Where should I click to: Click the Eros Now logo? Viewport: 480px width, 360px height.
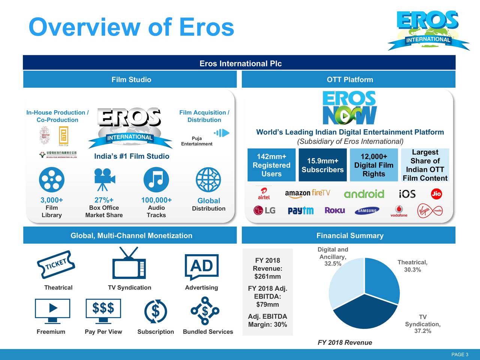pyautogui.click(x=349, y=108)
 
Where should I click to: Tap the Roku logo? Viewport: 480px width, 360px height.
pyautogui.click(x=334, y=210)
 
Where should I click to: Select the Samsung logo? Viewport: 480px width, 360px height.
pyautogui.click(x=367, y=211)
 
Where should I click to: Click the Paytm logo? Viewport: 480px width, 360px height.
pyautogui.click(x=300, y=211)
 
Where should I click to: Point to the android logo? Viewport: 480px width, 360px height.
pyautogui.click(x=364, y=194)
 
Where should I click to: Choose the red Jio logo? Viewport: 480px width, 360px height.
pyautogui.click(x=436, y=194)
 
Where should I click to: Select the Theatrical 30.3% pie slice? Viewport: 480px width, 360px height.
pyautogui.click(x=381, y=279)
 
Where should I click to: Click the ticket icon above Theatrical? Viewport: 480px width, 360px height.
pyautogui.click(x=56, y=264)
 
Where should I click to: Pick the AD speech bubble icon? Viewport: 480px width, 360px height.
pyautogui.click(x=202, y=267)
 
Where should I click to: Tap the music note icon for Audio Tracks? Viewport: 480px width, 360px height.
pyautogui.click(x=156, y=180)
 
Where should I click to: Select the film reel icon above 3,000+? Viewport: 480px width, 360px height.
pyautogui.click(x=51, y=180)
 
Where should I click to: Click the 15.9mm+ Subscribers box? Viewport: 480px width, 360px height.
pyautogui.click(x=322, y=165)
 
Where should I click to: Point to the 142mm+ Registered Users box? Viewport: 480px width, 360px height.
pyautogui.click(x=271, y=165)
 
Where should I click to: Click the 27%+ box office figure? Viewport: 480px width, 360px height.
pyautogui.click(x=104, y=200)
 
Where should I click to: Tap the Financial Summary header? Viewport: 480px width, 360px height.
pyautogui.click(x=349, y=235)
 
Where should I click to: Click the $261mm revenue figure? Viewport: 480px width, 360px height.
pyautogui.click(x=267, y=277)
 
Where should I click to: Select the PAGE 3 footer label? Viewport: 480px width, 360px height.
pyautogui.click(x=459, y=355)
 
